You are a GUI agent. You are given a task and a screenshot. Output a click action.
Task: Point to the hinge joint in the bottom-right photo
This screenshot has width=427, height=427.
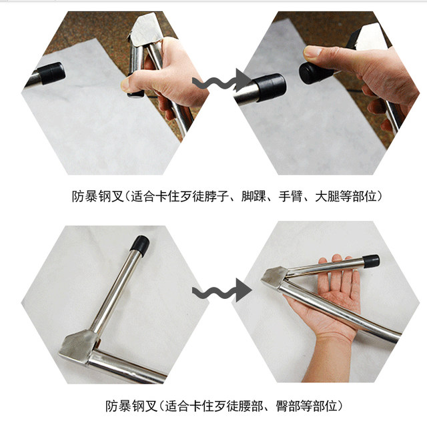pos(274,278)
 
